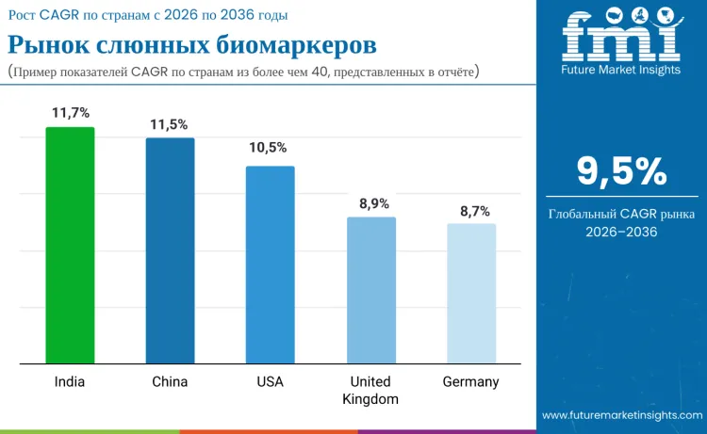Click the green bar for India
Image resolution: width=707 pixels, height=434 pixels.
[x=70, y=245]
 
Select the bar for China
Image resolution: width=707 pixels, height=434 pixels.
[x=170, y=250]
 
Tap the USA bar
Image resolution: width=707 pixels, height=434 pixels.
[x=270, y=265]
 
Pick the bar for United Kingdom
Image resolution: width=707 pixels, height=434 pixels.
[x=370, y=290]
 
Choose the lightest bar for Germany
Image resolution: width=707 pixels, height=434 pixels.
[x=470, y=293]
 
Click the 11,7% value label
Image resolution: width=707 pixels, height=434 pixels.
[x=71, y=113]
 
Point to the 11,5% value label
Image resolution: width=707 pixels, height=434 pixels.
[x=170, y=124]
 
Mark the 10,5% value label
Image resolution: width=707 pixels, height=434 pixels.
[x=270, y=148]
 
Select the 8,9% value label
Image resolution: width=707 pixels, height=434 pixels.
[x=370, y=203]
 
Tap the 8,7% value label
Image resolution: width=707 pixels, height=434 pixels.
[x=470, y=211]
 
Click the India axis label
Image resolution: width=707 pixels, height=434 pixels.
[x=70, y=382]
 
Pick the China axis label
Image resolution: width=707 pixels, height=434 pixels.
[x=170, y=382]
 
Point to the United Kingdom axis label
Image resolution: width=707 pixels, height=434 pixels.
[x=370, y=391]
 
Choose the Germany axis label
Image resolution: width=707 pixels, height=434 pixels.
[x=470, y=382]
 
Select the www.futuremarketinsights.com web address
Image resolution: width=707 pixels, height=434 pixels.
[x=622, y=415]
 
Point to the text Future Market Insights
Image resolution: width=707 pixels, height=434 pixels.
[x=621, y=71]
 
